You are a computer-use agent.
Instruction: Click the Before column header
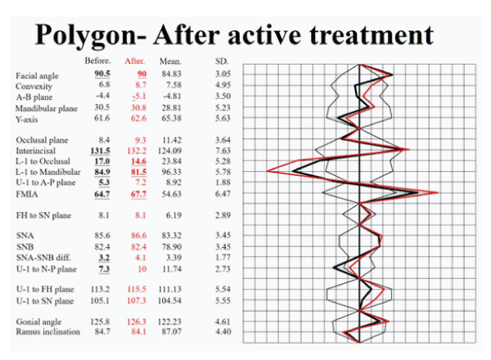pos(97,61)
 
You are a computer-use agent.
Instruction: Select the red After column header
pos(135,61)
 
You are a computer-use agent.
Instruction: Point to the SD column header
pos(222,61)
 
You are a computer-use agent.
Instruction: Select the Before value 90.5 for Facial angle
pos(99,74)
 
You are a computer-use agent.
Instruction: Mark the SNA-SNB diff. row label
pos(47,257)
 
